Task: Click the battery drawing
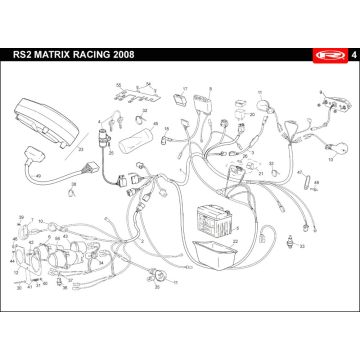point(217,217)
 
